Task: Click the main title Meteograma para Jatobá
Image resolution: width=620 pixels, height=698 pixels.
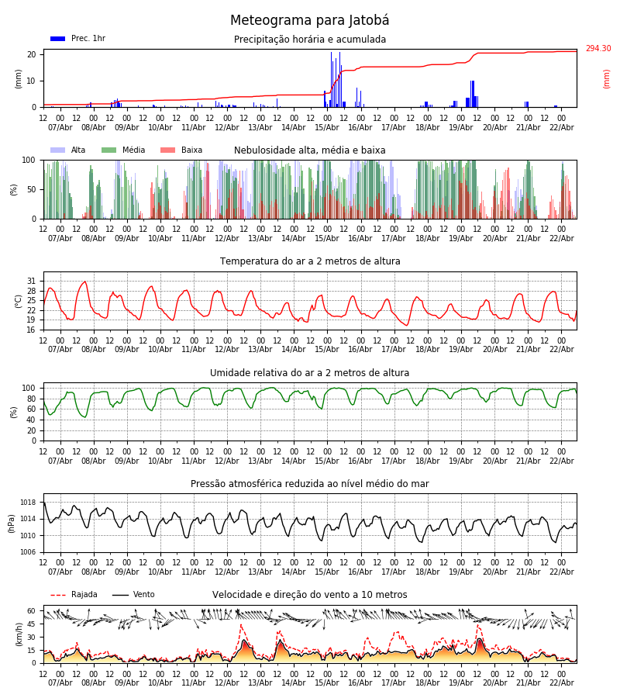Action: click(x=309, y=21)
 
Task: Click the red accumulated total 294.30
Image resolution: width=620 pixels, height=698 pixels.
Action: click(x=598, y=49)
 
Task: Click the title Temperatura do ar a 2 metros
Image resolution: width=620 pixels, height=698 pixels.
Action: click(x=310, y=261)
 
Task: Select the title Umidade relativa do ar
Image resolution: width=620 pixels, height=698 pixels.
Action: click(x=309, y=373)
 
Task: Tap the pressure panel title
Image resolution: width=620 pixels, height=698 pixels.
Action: click(x=309, y=484)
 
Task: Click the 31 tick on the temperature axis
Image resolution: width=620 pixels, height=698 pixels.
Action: click(x=32, y=281)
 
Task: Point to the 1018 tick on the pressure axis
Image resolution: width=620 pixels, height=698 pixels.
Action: click(x=29, y=503)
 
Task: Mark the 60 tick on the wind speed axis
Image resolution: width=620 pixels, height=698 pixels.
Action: click(x=32, y=610)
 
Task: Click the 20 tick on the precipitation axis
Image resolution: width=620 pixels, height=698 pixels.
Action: click(x=32, y=54)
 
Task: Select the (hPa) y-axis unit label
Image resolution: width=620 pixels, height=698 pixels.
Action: click(x=12, y=523)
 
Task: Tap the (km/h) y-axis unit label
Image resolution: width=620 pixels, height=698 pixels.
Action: click(x=19, y=634)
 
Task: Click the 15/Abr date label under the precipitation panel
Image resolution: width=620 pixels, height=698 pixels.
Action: click(x=327, y=127)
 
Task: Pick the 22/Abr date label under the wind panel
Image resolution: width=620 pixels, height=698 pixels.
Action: click(x=561, y=682)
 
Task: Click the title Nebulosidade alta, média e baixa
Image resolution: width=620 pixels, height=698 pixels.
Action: click(x=309, y=150)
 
